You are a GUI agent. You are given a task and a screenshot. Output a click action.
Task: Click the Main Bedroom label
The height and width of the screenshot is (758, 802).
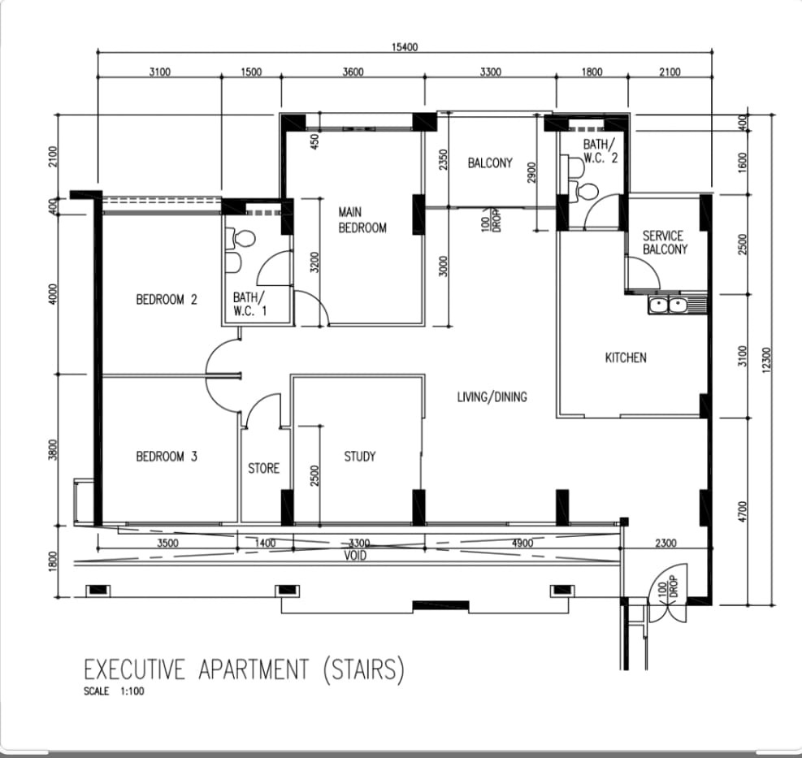[362, 220]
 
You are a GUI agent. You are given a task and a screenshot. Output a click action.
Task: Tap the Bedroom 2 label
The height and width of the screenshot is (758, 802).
[167, 299]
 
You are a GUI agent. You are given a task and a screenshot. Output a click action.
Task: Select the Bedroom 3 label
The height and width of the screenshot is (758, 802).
[167, 457]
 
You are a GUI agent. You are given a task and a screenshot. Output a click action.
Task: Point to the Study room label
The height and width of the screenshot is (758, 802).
[360, 457]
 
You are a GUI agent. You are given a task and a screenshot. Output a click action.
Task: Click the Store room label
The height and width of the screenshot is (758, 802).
[263, 469]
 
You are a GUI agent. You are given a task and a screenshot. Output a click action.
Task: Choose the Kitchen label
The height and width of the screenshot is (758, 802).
[626, 357]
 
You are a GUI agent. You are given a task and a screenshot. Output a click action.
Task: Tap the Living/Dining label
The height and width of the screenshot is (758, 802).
[492, 397]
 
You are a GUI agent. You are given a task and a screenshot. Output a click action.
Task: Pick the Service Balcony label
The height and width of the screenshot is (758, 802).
[665, 242]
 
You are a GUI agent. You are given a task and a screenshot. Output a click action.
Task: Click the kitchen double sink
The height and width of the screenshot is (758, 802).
[667, 305]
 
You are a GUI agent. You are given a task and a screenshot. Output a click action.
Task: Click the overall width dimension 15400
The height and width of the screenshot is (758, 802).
[405, 48]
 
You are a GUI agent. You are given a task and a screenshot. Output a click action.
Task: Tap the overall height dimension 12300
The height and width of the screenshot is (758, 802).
[765, 360]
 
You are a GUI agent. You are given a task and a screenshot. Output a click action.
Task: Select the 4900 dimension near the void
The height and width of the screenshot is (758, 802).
[522, 543]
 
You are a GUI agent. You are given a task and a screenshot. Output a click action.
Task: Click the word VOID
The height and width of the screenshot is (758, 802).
[355, 556]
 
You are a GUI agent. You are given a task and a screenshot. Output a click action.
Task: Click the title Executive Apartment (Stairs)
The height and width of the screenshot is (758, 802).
[244, 669]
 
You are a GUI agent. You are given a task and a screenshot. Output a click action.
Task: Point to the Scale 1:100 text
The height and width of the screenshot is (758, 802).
[114, 691]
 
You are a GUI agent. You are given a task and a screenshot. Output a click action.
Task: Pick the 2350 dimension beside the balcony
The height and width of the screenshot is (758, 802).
[444, 159]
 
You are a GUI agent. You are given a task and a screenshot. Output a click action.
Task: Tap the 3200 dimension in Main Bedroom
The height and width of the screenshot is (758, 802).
[314, 262]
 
